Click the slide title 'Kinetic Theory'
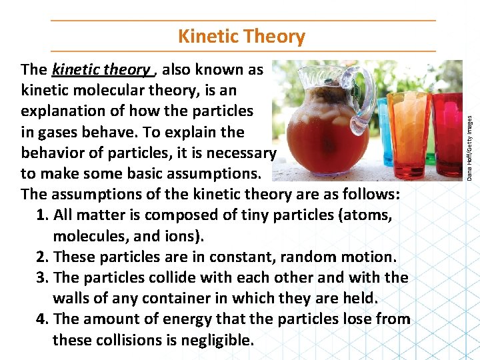(242, 37)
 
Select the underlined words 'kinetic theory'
(101, 69)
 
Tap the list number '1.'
(43, 215)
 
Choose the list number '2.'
(43, 257)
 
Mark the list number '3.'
(43, 277)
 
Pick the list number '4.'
(43, 319)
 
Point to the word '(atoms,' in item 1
(367, 215)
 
